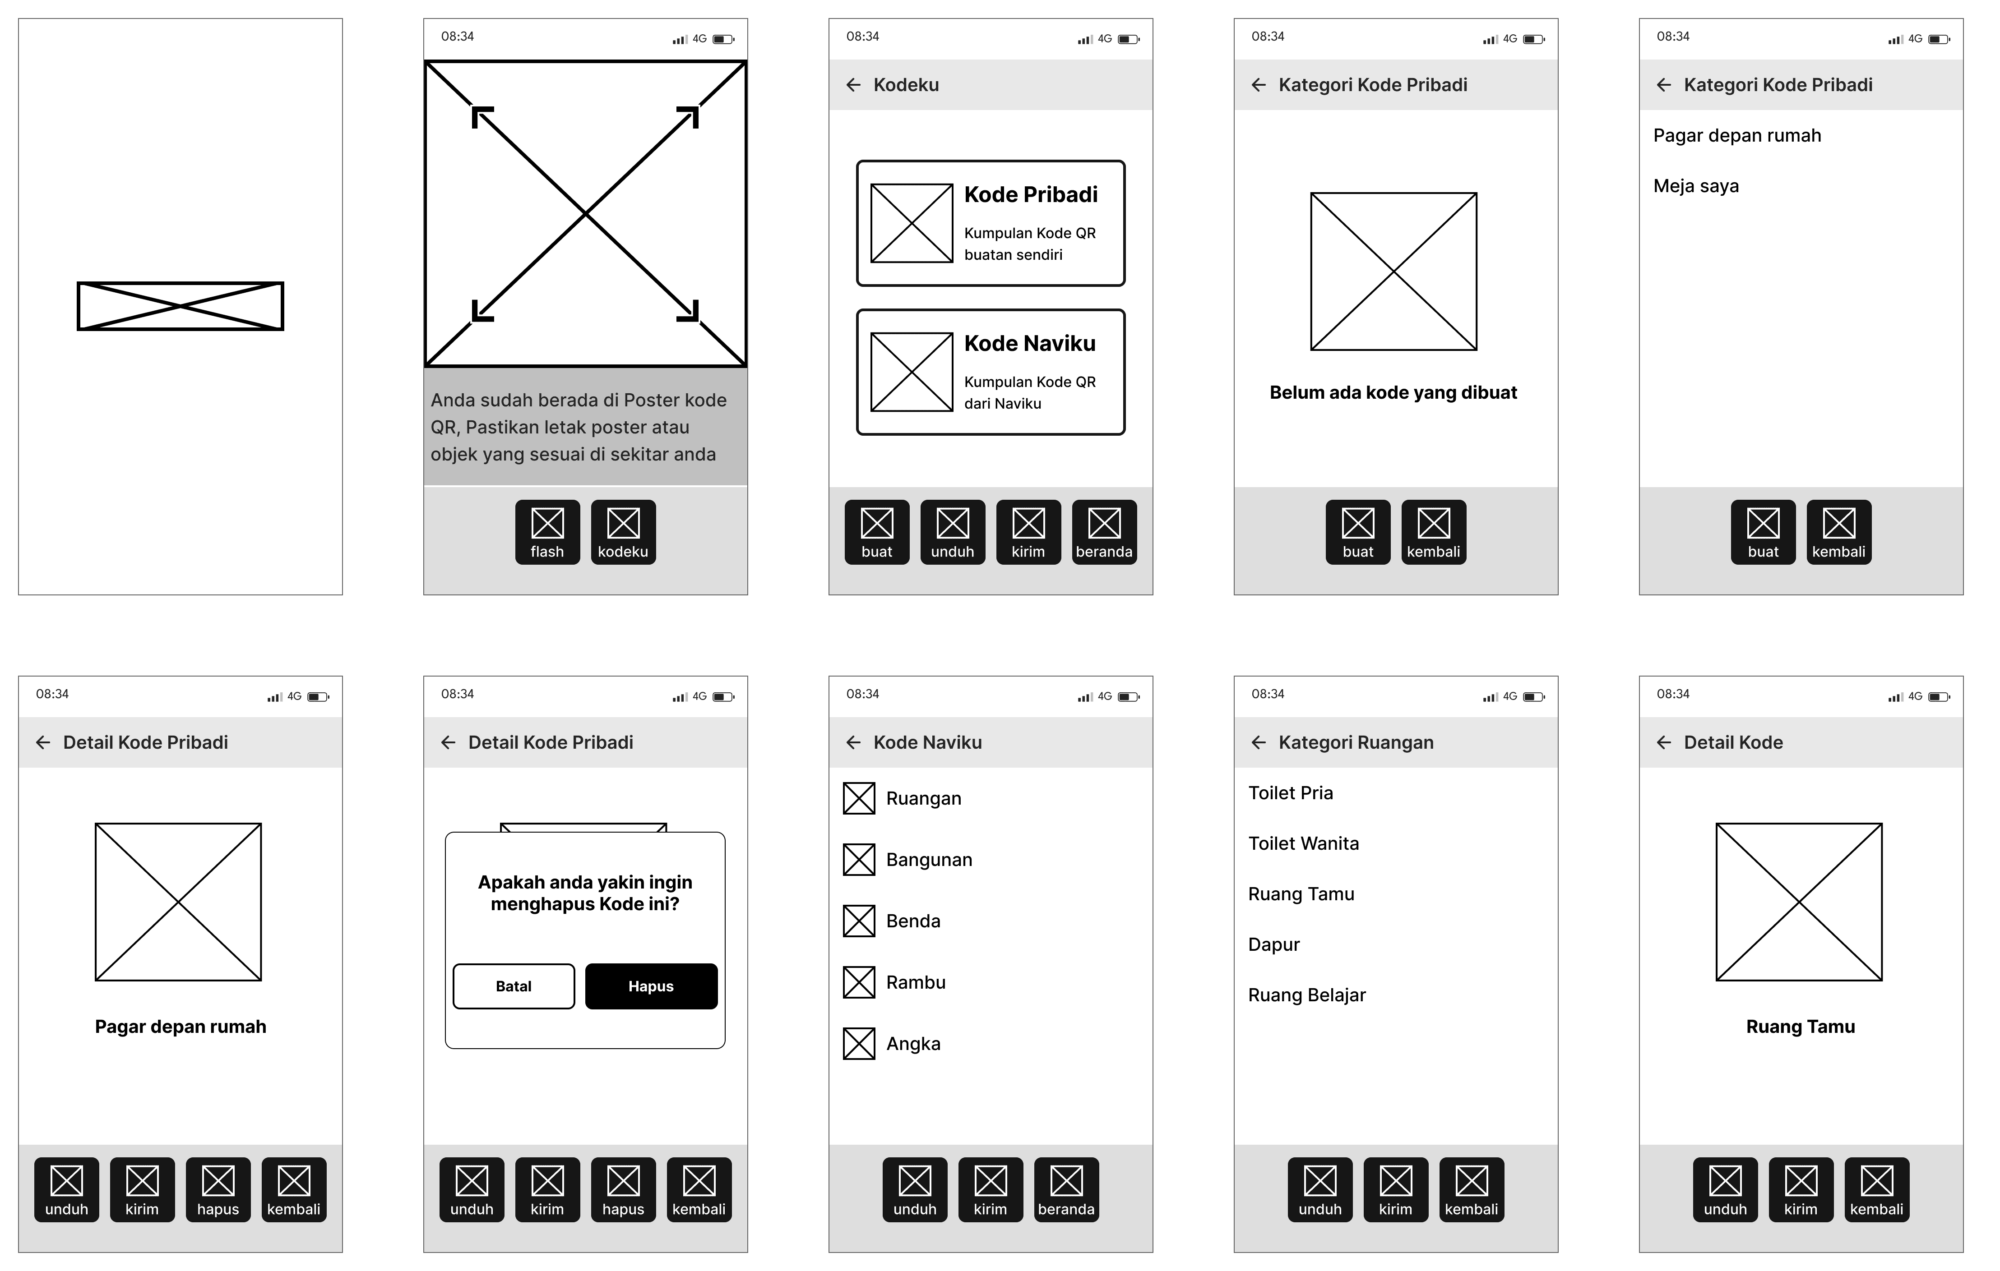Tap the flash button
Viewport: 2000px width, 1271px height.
tap(547, 532)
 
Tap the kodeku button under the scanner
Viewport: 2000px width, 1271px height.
tap(623, 532)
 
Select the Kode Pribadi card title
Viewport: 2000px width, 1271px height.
tap(1031, 194)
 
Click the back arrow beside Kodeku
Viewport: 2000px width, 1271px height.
tap(853, 85)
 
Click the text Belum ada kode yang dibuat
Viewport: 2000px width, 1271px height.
tap(1393, 393)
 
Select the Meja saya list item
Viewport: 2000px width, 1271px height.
tap(1696, 186)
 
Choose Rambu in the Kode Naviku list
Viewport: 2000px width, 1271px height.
tap(915, 982)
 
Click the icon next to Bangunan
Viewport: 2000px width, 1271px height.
tap(859, 859)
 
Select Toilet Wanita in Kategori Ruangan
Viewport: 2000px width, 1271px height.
tap(1303, 843)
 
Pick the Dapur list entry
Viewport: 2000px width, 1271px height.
tap(1274, 945)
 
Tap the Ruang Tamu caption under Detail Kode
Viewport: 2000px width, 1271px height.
tap(1800, 1027)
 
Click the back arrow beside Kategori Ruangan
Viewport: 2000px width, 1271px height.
tap(1258, 742)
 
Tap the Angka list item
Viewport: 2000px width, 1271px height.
tap(913, 1044)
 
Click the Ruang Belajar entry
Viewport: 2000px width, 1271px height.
tap(1306, 995)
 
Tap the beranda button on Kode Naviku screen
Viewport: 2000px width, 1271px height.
tap(1066, 1190)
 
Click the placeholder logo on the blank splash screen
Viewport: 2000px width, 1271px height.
tap(180, 306)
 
